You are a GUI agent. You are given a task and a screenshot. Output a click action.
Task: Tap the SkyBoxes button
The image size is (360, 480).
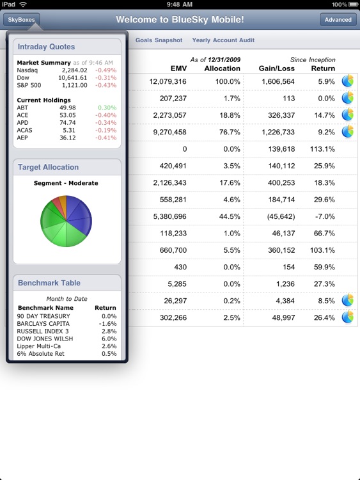click(21, 19)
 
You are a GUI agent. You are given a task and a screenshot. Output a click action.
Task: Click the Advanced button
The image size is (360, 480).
click(338, 20)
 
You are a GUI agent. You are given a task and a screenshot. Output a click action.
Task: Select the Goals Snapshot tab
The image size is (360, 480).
click(159, 40)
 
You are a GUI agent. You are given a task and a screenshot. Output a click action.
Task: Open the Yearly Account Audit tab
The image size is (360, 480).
click(223, 40)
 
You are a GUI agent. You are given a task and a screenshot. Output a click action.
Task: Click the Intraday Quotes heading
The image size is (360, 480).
click(46, 47)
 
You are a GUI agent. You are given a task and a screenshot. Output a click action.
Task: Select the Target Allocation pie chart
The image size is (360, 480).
click(67, 221)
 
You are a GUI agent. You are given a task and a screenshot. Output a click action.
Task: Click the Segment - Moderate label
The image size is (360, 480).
click(66, 183)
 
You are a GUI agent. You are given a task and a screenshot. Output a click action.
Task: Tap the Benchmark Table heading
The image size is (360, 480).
click(49, 283)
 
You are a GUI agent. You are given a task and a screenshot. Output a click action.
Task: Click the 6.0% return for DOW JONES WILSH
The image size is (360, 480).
click(109, 339)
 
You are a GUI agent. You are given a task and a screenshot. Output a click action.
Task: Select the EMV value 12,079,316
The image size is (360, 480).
click(168, 82)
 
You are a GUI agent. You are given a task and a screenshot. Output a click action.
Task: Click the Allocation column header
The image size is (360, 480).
click(222, 68)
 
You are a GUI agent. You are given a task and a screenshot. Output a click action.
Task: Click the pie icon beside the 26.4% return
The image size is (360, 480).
click(347, 317)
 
